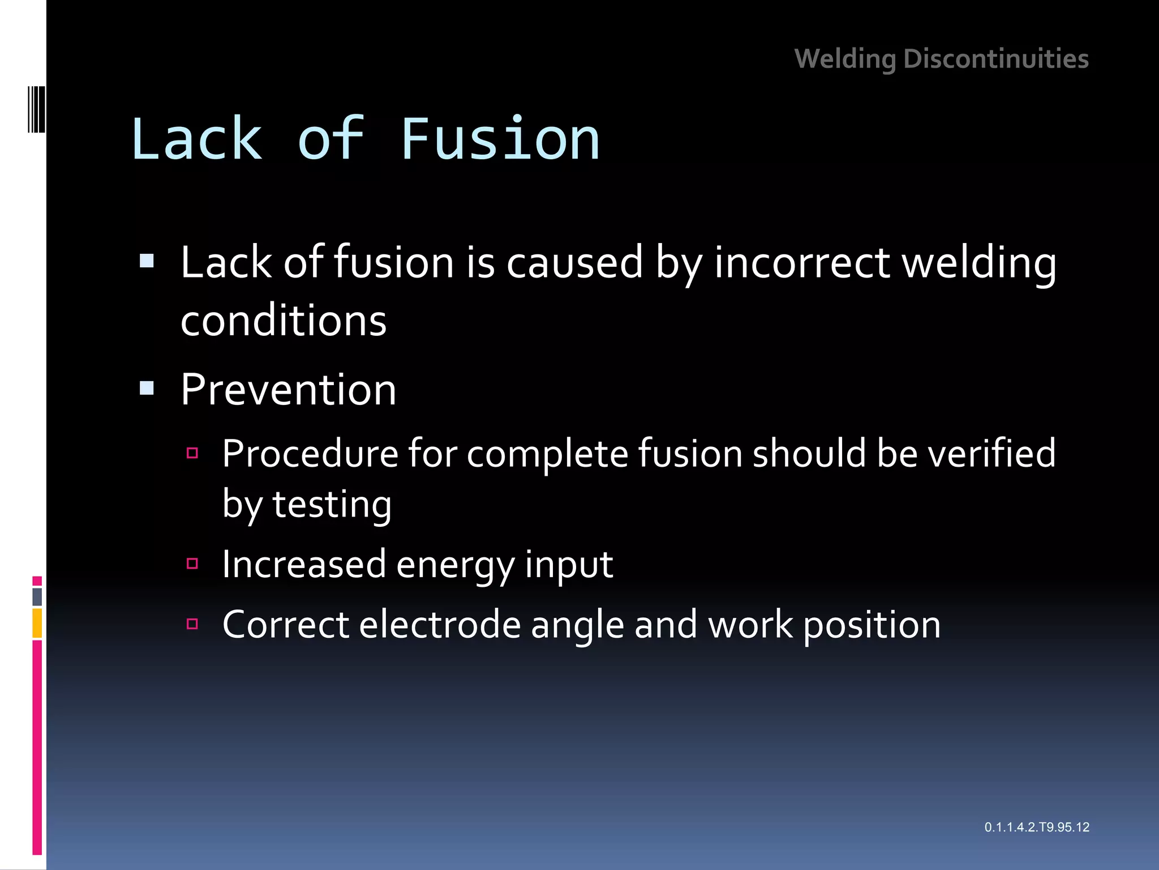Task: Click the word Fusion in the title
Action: tap(500, 139)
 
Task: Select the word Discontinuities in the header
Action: tap(996, 59)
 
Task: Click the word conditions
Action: tap(284, 321)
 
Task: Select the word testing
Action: tap(332, 504)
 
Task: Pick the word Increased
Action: tap(304, 564)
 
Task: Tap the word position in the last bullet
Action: tap(872, 625)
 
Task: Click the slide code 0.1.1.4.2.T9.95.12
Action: tap(1037, 827)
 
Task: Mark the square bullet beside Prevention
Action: tap(147, 389)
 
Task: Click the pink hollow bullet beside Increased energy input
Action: tap(192, 564)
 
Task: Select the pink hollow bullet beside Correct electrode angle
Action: tap(192, 624)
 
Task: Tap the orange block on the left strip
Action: tap(37, 623)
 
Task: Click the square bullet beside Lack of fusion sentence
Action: tap(147, 261)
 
